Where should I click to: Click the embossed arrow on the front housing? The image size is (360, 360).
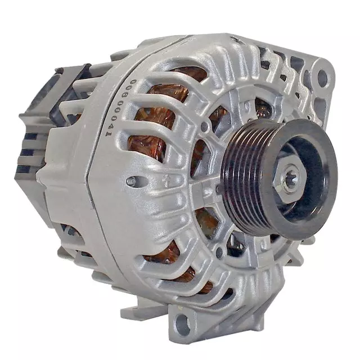[167, 181]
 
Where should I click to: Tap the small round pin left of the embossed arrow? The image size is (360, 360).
[131, 181]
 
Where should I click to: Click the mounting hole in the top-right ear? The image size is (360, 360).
[322, 78]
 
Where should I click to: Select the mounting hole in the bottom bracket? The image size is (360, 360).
[182, 325]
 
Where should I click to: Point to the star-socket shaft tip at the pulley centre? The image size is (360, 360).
[290, 179]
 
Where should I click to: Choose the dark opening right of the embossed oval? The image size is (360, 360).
[262, 107]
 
